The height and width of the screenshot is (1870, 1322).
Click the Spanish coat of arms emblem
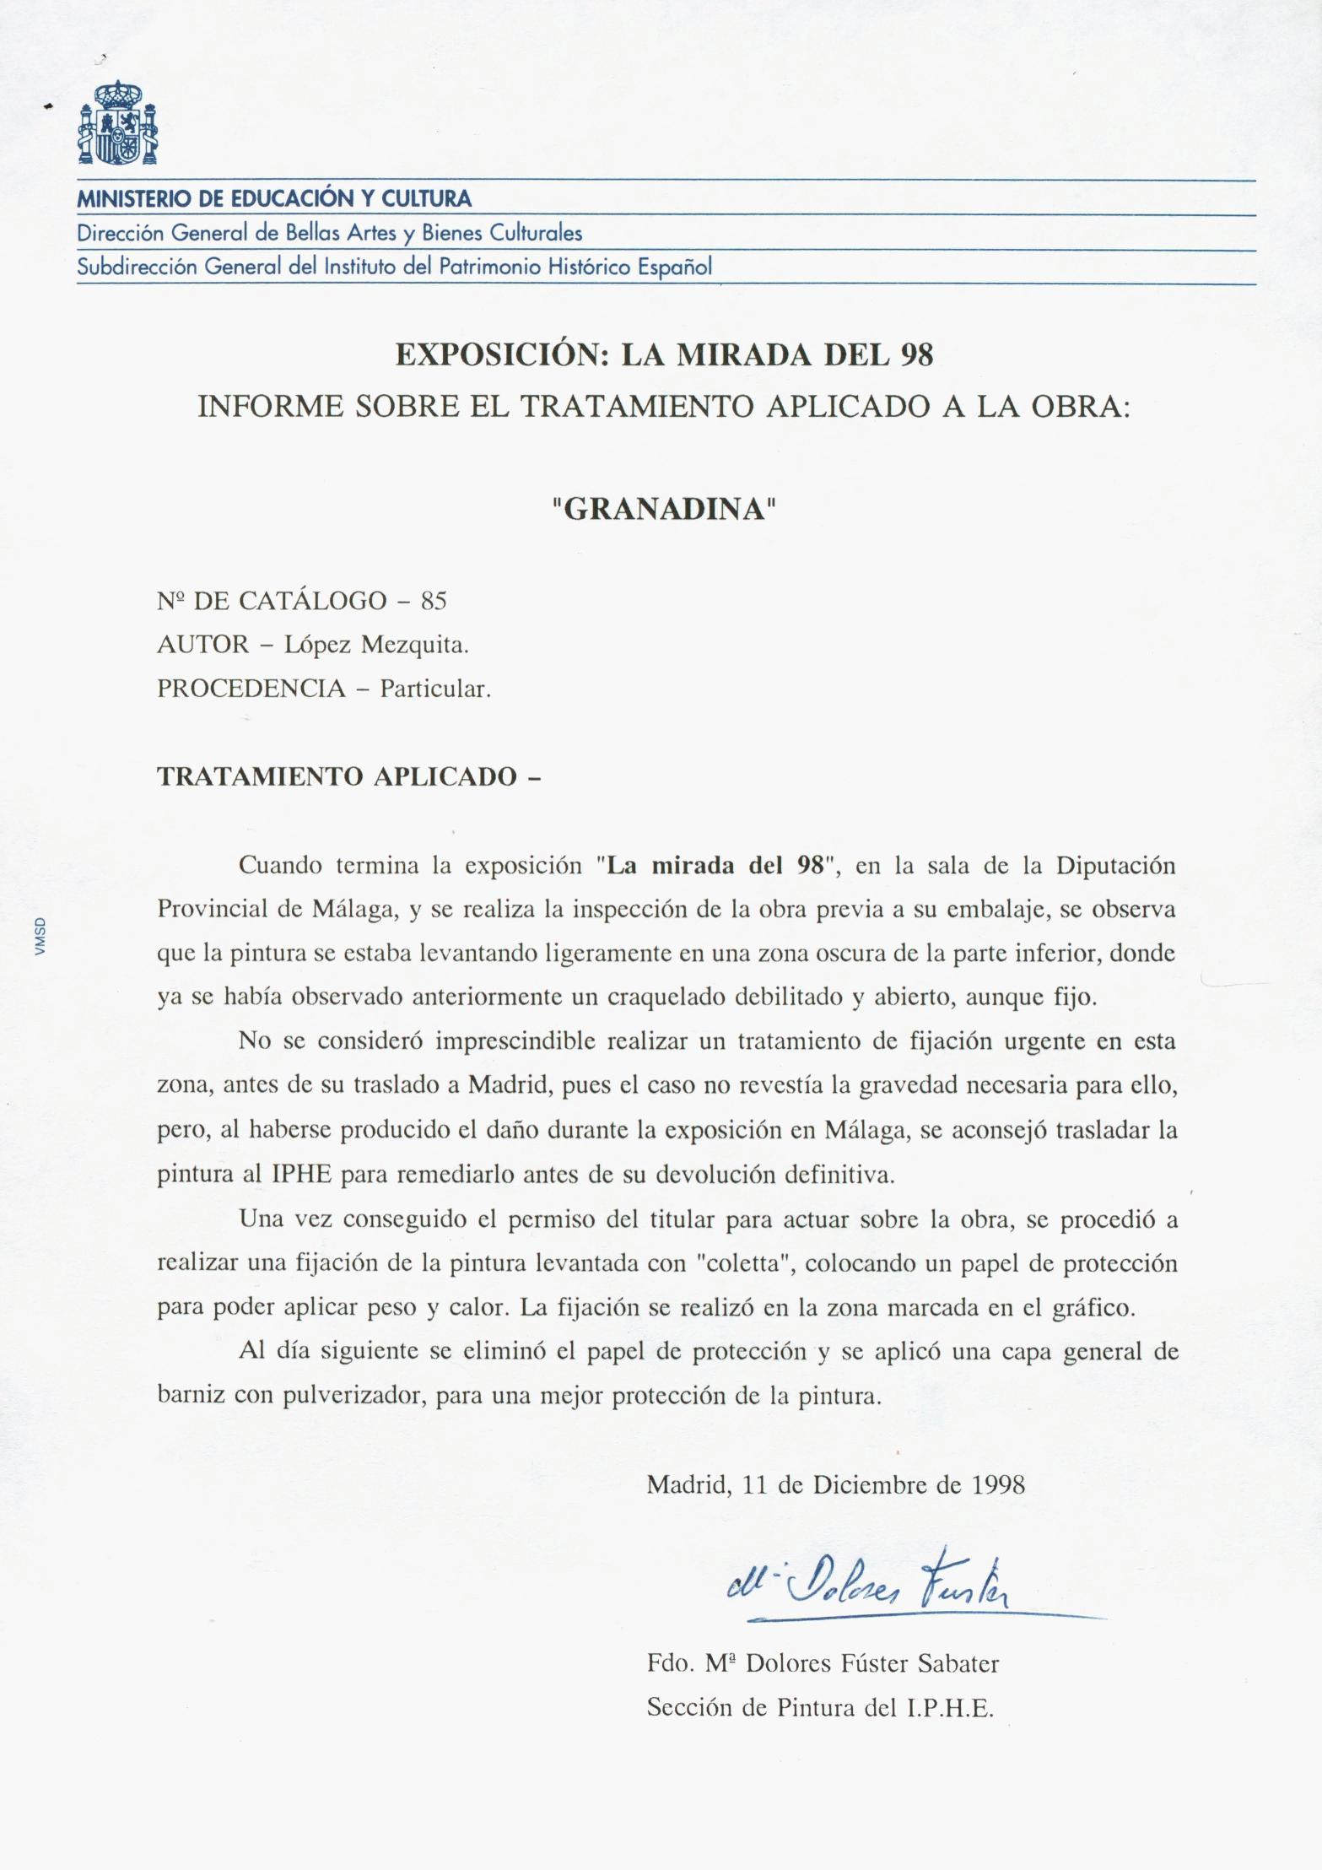click(118, 123)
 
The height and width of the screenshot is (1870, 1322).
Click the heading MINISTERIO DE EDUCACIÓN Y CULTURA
click(274, 200)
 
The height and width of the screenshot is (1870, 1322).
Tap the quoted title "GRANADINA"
click(663, 510)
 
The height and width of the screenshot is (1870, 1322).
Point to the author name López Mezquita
click(376, 645)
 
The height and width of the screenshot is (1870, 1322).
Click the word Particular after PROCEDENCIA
click(434, 689)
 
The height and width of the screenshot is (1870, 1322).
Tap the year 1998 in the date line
click(998, 1484)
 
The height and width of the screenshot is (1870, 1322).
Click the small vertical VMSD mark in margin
click(40, 937)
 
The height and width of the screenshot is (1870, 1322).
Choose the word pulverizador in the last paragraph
click(356, 1395)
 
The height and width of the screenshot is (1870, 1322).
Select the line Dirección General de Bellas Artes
click(329, 233)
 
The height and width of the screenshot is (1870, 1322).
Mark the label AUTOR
click(203, 645)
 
